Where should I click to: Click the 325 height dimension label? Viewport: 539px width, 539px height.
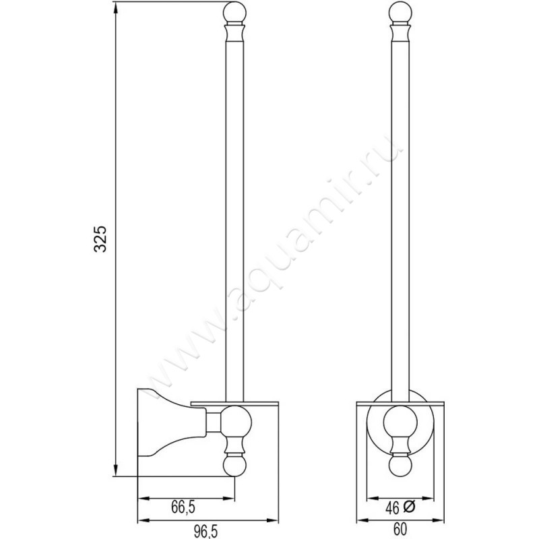pos(100,239)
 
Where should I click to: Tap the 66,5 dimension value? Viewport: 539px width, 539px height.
pos(183,507)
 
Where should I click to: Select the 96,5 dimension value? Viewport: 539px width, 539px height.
pos(205,532)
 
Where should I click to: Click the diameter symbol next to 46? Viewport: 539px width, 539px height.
pos(410,507)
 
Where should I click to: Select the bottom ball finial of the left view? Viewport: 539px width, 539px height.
pos(234,466)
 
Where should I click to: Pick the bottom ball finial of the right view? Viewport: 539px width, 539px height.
pos(400,466)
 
